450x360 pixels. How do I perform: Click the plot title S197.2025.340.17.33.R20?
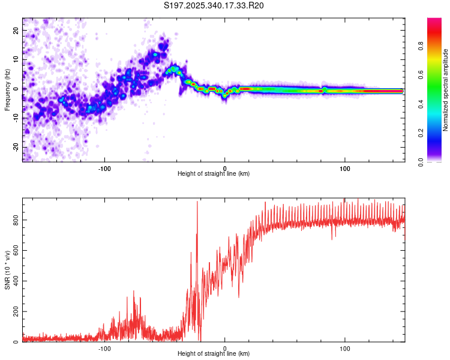click(214, 5)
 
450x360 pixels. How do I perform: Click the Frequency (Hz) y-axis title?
click(8, 89)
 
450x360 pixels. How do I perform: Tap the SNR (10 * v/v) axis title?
click(8, 270)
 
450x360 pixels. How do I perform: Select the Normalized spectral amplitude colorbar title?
click(446, 90)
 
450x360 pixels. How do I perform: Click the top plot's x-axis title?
click(214, 173)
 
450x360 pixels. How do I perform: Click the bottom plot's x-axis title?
click(214, 353)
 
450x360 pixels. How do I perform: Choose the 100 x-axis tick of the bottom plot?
click(345, 347)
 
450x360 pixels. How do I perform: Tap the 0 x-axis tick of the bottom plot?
click(225, 347)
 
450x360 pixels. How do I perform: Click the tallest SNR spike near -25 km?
click(197, 203)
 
